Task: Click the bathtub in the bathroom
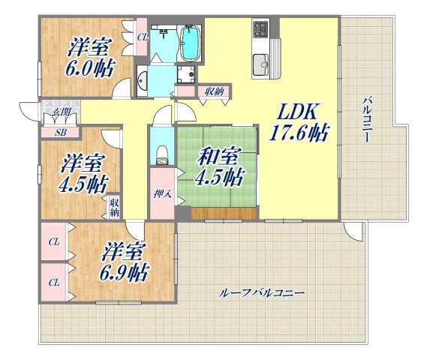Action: (191, 43)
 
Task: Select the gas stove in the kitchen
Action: (261, 31)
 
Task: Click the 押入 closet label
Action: (162, 194)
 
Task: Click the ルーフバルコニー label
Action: (263, 292)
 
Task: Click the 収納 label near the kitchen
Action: (213, 91)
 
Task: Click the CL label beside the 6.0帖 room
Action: (141, 35)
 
